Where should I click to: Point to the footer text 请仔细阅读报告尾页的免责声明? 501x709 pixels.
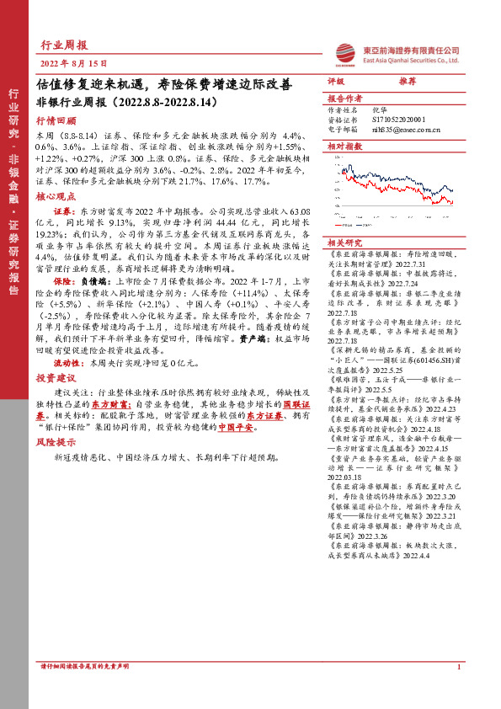tap(85, 690)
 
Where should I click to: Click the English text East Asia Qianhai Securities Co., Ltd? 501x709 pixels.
tap(410, 60)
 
